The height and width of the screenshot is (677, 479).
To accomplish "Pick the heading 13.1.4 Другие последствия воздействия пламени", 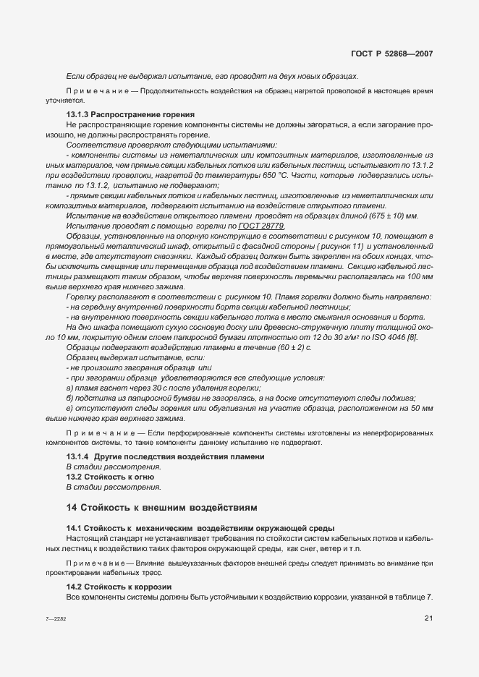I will pos(165,456).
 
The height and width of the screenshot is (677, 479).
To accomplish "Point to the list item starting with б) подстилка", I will pos(239,398).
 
